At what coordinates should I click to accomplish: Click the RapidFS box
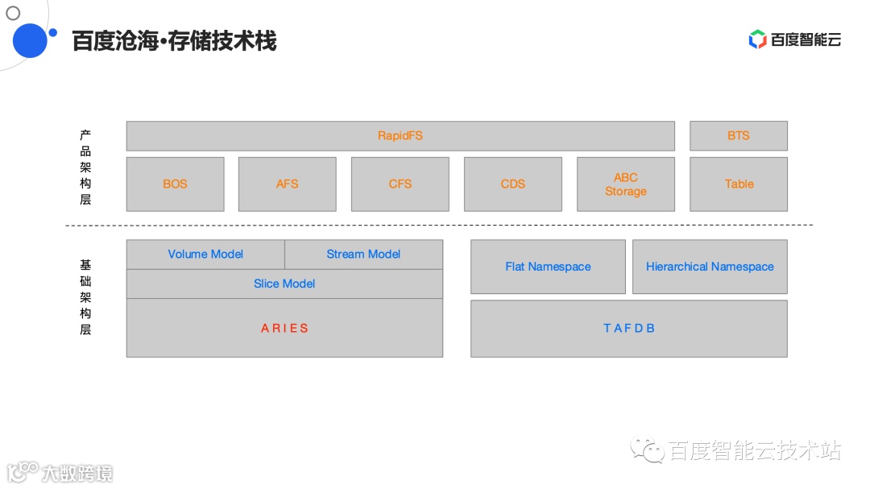point(400,136)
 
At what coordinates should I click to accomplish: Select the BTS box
point(738,136)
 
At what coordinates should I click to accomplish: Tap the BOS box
point(175,184)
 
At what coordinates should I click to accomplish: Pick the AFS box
point(287,184)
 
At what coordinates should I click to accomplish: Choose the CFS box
point(400,184)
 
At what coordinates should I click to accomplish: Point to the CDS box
point(512,184)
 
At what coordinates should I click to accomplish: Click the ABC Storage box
point(625,184)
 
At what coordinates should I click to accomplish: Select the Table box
point(738,184)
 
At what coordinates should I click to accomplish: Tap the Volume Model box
point(205,255)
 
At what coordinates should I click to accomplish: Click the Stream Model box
point(363,255)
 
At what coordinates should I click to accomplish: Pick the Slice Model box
point(284,284)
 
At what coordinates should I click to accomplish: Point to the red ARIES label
point(284,329)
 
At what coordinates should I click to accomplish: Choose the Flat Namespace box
point(548,267)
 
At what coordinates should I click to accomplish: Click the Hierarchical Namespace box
point(710,267)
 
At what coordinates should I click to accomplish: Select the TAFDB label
point(628,329)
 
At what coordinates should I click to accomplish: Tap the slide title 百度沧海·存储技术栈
point(174,41)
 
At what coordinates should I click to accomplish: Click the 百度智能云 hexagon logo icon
point(757,39)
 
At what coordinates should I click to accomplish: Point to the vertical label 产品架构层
point(85,168)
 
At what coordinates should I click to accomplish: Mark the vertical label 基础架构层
point(85,297)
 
